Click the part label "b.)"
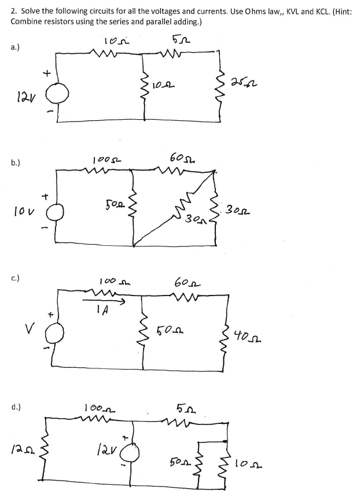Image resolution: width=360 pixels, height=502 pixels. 16,164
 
